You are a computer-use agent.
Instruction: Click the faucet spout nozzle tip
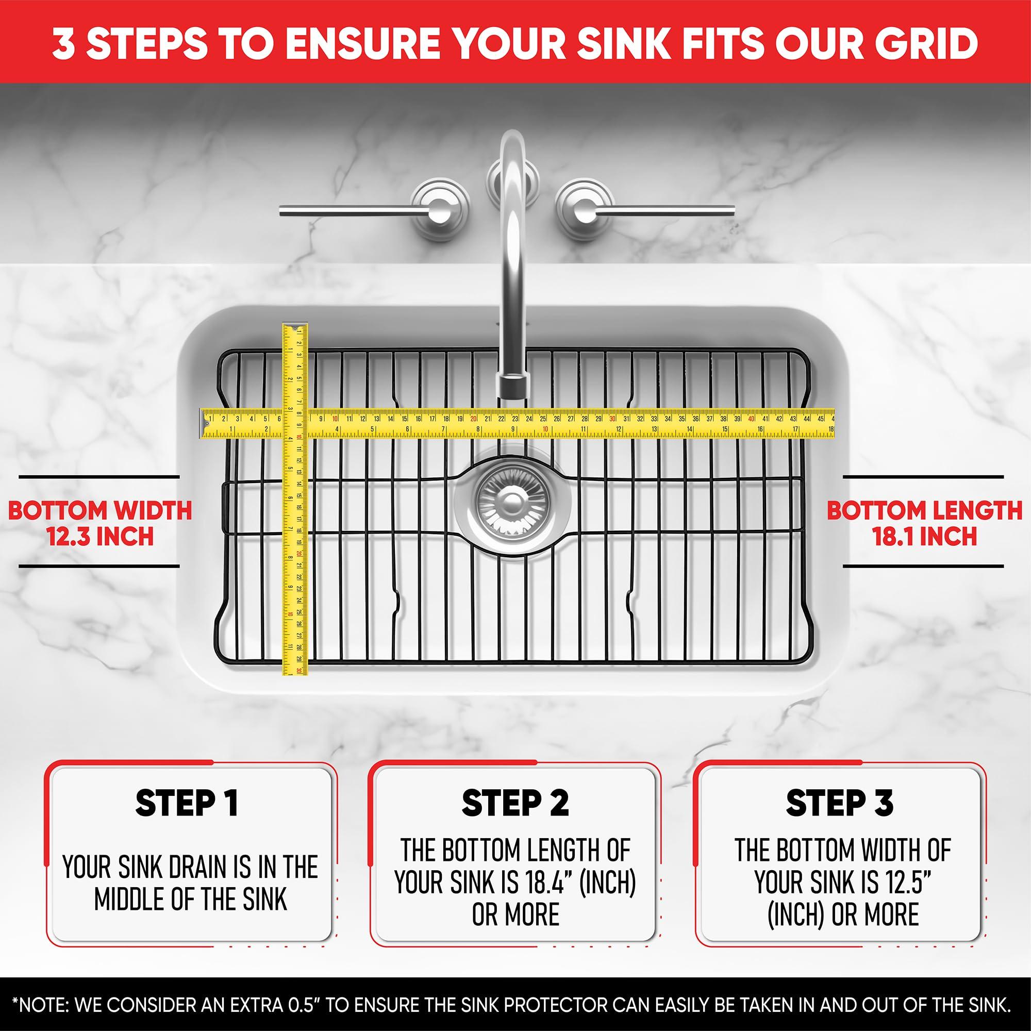pyautogui.click(x=512, y=385)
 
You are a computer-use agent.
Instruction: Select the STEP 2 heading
pyautogui.click(x=515, y=804)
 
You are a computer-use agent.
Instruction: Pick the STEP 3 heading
pyautogui.click(x=839, y=804)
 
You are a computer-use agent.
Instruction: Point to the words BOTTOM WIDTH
pyautogui.click(x=100, y=511)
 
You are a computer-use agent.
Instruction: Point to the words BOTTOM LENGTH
pyautogui.click(x=924, y=511)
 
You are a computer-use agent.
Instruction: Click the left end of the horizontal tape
pyautogui.click(x=203, y=424)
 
